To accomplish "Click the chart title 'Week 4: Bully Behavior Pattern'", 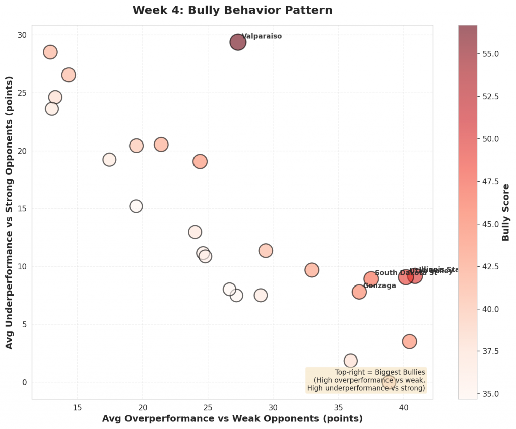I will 232,10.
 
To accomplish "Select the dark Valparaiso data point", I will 238,42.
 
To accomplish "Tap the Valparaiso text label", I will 262,36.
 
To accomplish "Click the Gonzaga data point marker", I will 359,292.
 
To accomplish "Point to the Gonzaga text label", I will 379,285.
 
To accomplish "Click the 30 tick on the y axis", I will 23,35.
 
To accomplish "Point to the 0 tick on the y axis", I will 24,382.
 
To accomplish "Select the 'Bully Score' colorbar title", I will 506,212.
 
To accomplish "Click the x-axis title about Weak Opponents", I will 232,418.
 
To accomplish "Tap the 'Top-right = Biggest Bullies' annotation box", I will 366,380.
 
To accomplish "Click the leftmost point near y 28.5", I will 50,52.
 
